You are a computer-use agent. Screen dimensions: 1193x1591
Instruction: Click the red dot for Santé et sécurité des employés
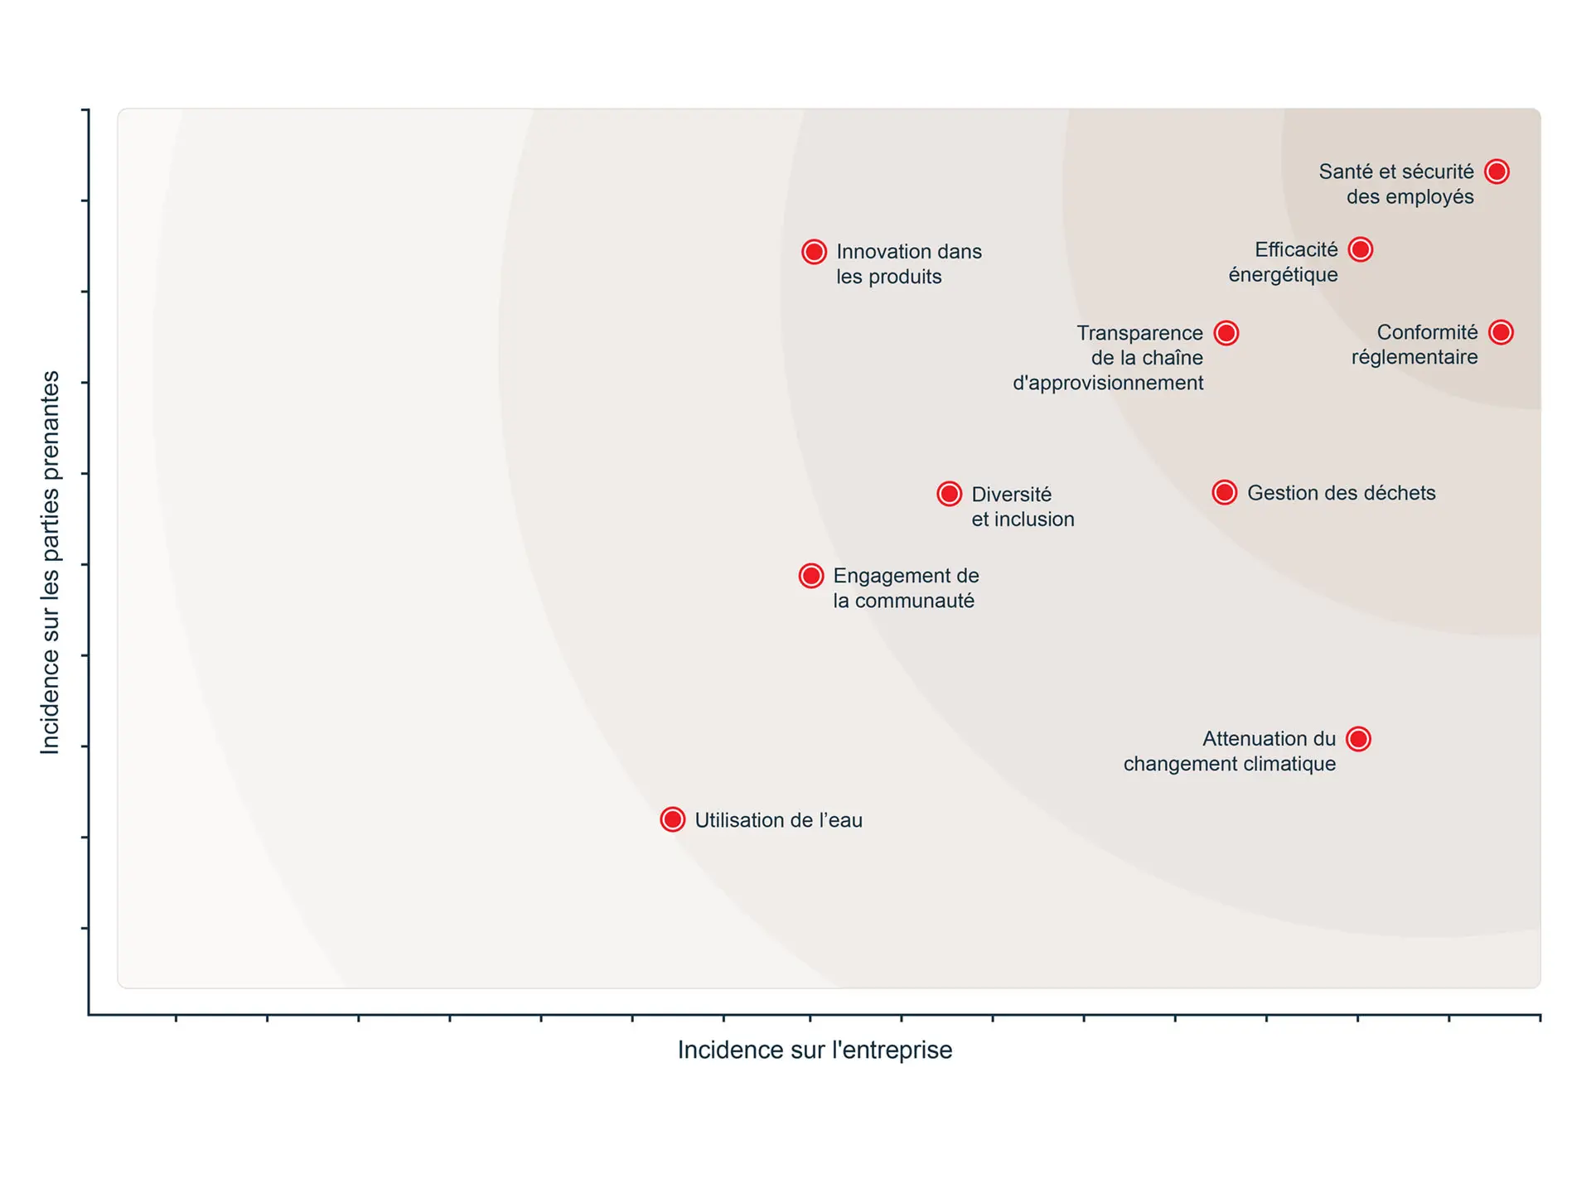[1497, 171]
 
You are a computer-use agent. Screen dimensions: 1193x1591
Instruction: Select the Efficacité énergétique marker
[1361, 249]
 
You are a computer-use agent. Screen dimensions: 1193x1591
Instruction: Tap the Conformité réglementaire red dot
[1501, 332]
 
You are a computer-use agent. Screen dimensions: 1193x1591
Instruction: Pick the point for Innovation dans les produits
[814, 252]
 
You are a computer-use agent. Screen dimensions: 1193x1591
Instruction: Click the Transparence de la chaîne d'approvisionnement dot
[1226, 333]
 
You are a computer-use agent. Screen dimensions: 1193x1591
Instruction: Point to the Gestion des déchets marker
[1225, 493]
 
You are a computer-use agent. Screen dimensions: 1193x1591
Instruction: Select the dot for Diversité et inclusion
[950, 495]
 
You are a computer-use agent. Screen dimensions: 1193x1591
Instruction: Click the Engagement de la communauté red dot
[811, 576]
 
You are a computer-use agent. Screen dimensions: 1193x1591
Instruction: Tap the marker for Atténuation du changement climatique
[1359, 739]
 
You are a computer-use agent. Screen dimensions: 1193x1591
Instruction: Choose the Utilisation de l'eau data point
[673, 820]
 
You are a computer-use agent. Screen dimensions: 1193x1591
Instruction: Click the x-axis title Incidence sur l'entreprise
[815, 1051]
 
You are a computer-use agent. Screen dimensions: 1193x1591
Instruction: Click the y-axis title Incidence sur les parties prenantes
[51, 563]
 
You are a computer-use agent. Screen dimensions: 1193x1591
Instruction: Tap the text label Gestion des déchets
[1341, 493]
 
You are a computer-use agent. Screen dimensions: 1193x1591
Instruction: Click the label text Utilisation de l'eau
[778, 820]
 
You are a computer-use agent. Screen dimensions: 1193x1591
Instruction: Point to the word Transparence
[1139, 333]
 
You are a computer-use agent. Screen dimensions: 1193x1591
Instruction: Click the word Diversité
[1011, 495]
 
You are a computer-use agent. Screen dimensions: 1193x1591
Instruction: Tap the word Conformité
[1427, 332]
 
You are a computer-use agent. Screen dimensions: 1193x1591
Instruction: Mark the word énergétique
[1283, 275]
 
